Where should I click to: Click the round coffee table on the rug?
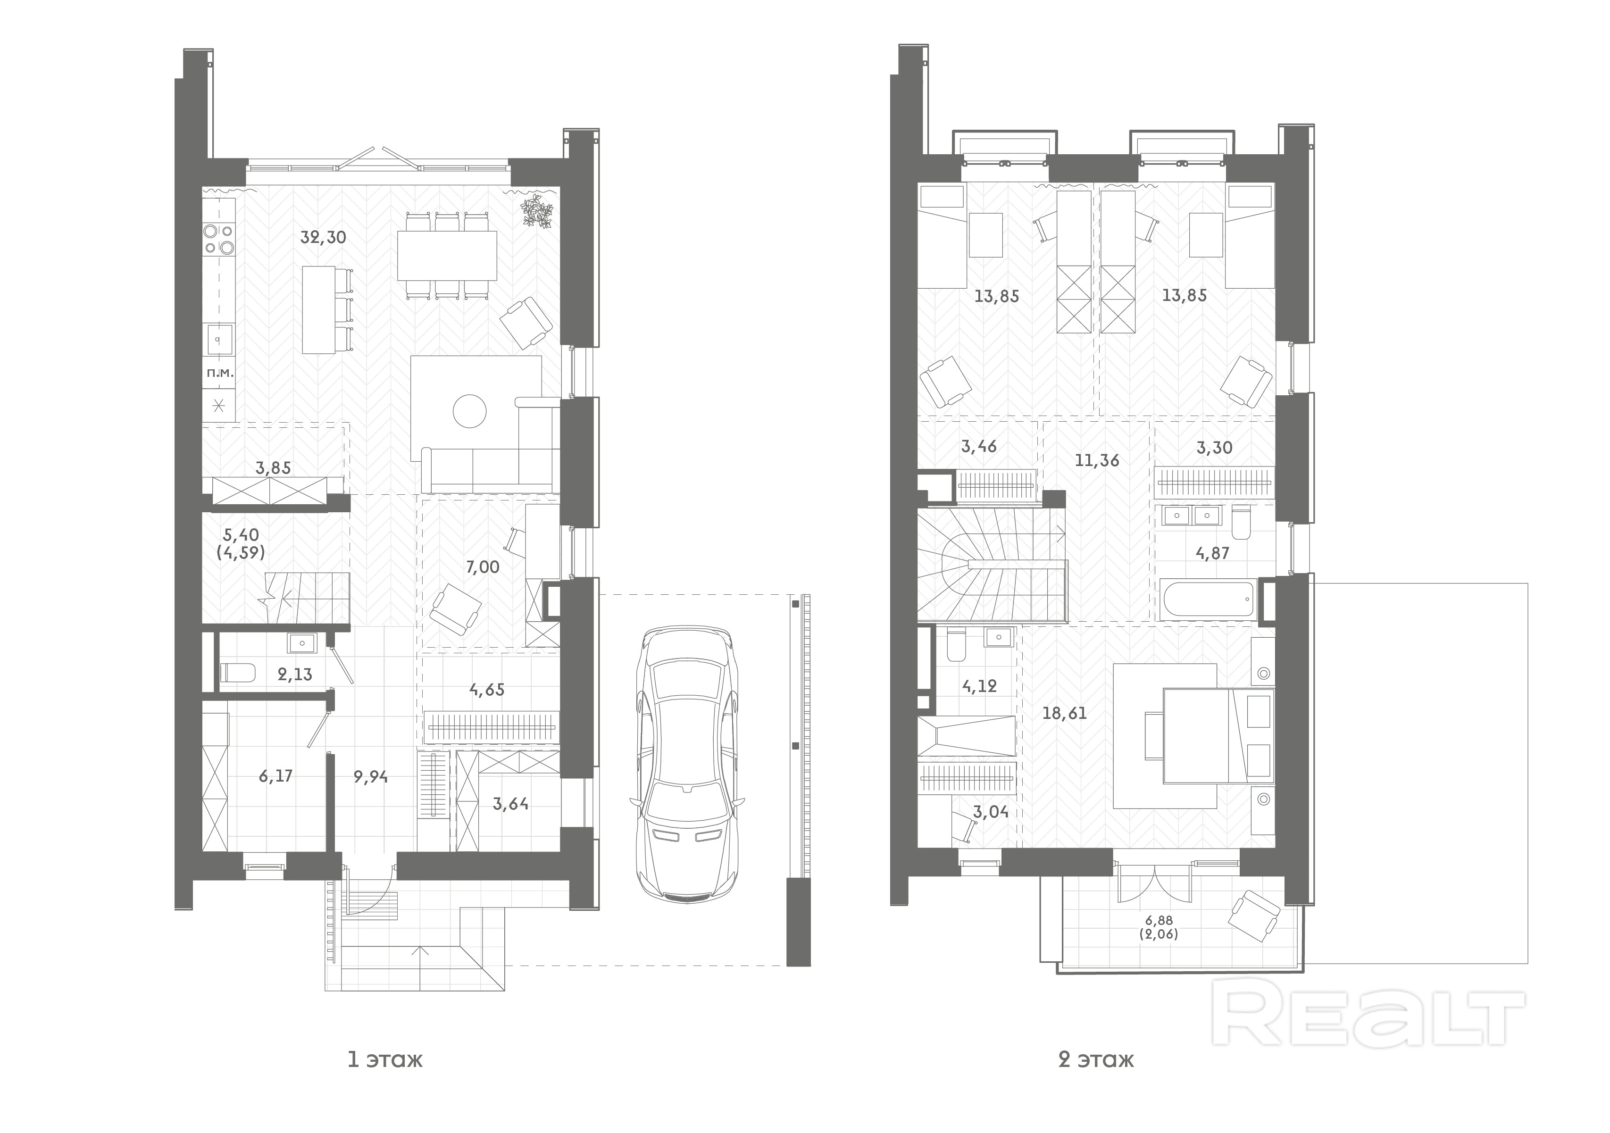point(470,411)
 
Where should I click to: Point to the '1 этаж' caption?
point(386,1059)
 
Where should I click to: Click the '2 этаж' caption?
point(1096,1059)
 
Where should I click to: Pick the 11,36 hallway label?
point(1097,461)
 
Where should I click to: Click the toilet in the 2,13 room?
point(238,673)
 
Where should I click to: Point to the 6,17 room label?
point(275,776)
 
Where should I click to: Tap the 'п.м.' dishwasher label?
point(219,374)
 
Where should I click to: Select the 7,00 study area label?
point(483,567)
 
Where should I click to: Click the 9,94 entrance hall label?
point(371,777)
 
